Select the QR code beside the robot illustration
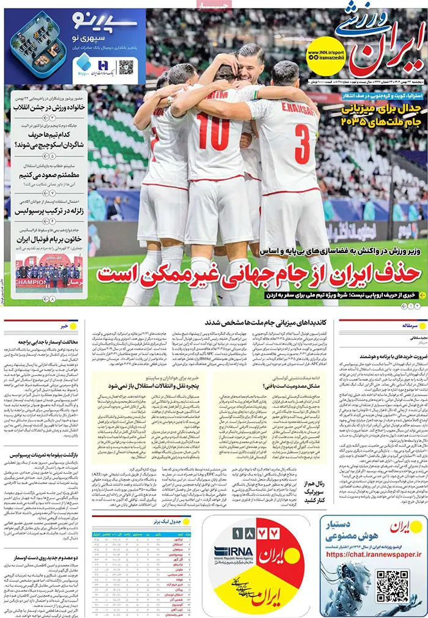pos(391,586)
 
